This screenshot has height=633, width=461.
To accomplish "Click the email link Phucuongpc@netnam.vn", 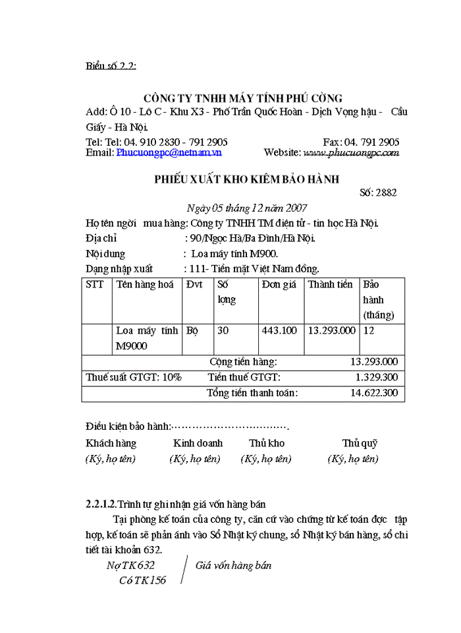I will [169, 152].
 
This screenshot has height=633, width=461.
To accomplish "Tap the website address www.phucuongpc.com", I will [350, 152].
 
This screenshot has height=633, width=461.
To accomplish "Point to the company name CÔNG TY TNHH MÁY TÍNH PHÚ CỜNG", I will [243, 99].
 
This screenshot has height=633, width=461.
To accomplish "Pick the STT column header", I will [95, 285].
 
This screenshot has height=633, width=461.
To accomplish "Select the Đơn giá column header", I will [279, 285].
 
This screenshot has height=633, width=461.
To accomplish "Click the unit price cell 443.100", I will [279, 330].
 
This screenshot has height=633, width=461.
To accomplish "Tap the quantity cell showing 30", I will [223, 330].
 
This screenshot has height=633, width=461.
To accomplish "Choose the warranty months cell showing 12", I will [369, 330].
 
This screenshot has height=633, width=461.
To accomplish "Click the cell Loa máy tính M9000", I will [147, 338].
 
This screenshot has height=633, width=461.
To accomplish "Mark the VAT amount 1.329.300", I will [376, 377].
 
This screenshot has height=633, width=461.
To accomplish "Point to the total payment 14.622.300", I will [374, 392].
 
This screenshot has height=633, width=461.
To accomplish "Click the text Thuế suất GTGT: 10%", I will [134, 377].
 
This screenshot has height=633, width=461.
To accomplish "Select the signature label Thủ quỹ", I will [359, 443].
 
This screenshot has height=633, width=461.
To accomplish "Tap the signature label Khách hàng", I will [111, 443].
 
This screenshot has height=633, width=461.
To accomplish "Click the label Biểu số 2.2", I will [111, 66].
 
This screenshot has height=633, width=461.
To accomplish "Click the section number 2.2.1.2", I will [101, 504].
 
